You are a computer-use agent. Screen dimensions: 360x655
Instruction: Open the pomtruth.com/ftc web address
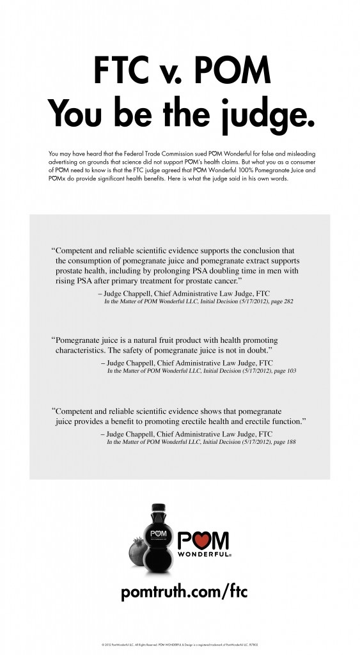pyautogui.click(x=183, y=592)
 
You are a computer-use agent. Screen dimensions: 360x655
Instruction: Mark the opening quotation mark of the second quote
pyautogui.click(x=53, y=340)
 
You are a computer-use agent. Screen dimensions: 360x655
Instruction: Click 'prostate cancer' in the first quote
pyautogui.click(x=214, y=281)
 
